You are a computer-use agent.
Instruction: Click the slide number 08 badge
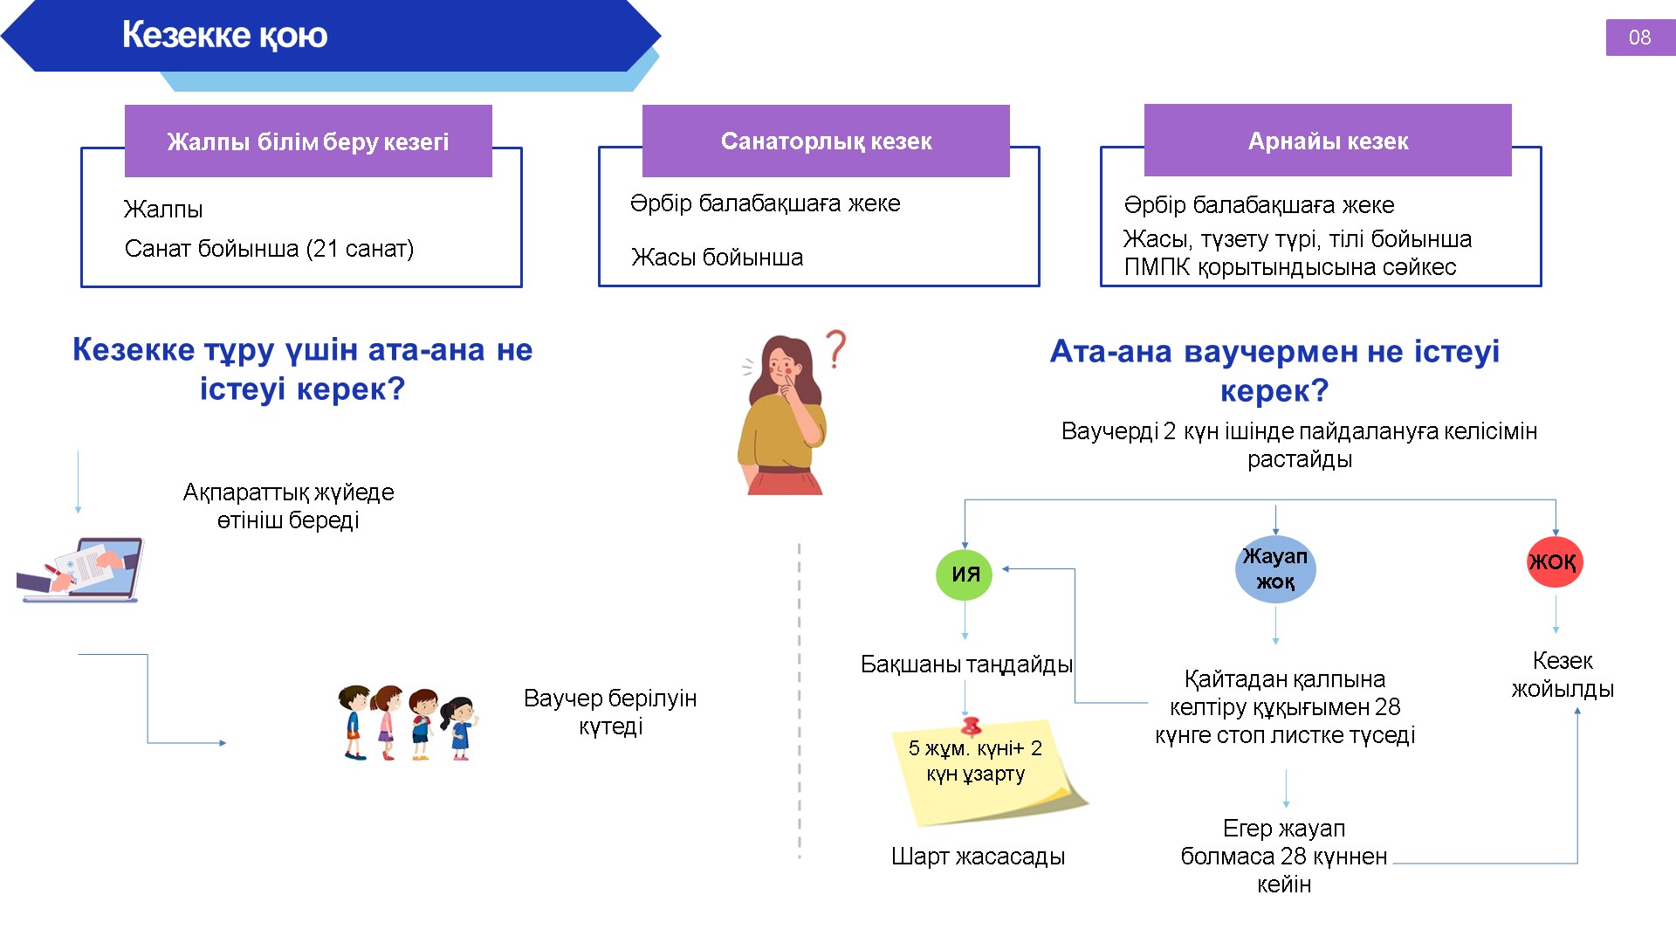[x=1639, y=38]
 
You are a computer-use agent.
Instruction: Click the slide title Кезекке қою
[x=224, y=35]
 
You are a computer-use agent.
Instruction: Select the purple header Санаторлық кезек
[x=826, y=141]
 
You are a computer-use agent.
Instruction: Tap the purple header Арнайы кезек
[x=1328, y=141]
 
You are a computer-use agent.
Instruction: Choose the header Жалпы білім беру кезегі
[x=308, y=141]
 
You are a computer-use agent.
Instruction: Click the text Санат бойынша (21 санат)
[x=269, y=249]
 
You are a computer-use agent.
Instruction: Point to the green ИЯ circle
[x=965, y=574]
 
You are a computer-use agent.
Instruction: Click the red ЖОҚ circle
[x=1554, y=561]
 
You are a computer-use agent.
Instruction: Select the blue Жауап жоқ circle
[x=1275, y=569]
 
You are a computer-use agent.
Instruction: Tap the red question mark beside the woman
[x=836, y=348]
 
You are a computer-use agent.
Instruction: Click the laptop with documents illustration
[x=80, y=569]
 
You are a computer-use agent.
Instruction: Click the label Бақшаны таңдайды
[x=966, y=664]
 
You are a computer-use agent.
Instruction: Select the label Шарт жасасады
[x=978, y=857]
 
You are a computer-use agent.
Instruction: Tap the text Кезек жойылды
[x=1563, y=675]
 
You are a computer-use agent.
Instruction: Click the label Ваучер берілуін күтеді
[x=610, y=712]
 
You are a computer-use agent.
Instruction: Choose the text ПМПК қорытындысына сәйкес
[x=1289, y=267]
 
